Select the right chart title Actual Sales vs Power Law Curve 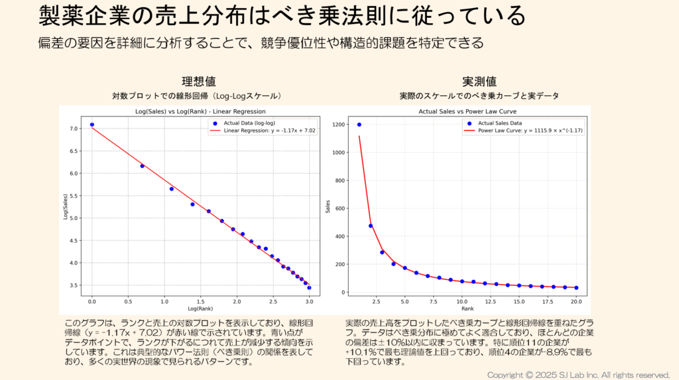coord(467,111)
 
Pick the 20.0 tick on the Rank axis coord(576,301)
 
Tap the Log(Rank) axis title coord(200,309)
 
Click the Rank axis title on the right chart coord(467,309)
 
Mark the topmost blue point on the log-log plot coord(92,124)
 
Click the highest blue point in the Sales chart coord(359,124)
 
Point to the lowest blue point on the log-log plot coord(309,288)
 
